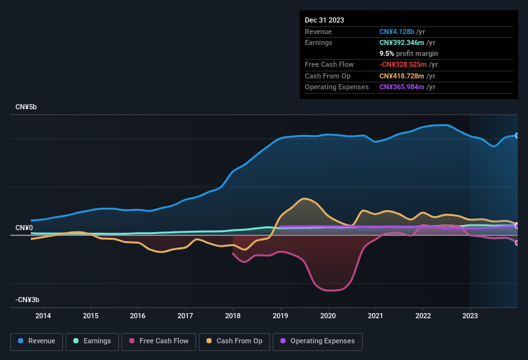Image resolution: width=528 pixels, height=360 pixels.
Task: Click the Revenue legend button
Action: click(37, 341)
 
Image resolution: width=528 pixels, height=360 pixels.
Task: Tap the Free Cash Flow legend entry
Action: click(159, 341)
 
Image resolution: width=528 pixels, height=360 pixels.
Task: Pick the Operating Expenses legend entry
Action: click(318, 341)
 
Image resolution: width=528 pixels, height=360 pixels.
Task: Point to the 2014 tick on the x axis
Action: click(43, 316)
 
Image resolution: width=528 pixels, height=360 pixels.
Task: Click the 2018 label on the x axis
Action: click(233, 316)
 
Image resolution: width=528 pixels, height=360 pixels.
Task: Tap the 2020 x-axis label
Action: click(328, 316)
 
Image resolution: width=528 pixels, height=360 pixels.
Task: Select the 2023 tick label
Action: click(470, 316)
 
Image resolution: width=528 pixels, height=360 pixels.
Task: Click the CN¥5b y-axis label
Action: click(26, 107)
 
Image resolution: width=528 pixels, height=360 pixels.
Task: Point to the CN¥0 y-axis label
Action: click(24, 228)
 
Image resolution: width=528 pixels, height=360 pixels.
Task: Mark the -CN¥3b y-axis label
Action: click(28, 300)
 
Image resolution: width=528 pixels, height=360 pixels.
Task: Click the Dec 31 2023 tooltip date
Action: click(324, 20)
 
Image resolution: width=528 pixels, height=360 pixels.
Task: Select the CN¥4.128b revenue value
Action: click(396, 32)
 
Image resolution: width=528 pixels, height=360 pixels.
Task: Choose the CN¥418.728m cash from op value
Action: click(401, 76)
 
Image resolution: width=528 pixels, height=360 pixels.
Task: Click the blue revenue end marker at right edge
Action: click(516, 136)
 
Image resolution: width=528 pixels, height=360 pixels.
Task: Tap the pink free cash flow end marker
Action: click(516, 242)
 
